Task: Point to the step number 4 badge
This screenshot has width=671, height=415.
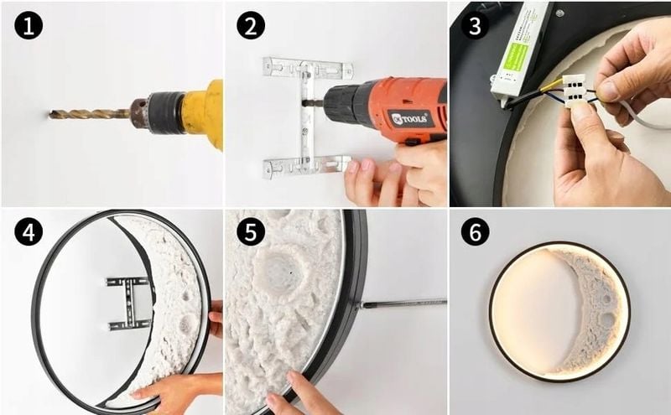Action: tap(28, 233)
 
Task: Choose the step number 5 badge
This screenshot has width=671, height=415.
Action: tap(250, 233)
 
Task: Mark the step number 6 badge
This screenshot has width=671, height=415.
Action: tap(476, 233)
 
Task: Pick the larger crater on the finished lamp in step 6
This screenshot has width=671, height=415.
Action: tap(606, 319)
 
